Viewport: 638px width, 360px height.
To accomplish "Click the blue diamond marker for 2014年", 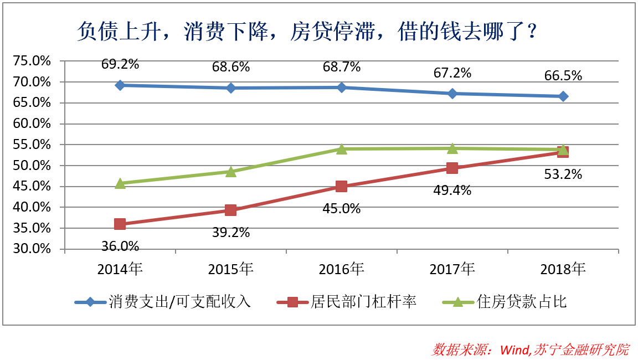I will [x=120, y=85].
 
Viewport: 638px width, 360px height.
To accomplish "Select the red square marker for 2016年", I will [x=342, y=187].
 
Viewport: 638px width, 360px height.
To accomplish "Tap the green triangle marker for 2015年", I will [x=231, y=172].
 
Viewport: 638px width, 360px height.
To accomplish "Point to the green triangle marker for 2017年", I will [x=452, y=148].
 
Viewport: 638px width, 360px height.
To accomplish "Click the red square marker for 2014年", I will [x=120, y=224].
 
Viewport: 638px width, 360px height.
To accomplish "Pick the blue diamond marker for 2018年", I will [x=563, y=96].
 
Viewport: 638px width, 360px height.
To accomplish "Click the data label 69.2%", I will [x=120, y=64].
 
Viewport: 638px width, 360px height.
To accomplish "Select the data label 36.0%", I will [x=120, y=246].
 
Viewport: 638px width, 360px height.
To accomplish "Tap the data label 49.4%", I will [x=452, y=191].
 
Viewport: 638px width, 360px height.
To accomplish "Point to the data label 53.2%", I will [x=563, y=174].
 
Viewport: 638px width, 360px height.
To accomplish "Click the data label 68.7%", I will [x=342, y=67].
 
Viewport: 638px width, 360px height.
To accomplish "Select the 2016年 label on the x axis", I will [x=342, y=270].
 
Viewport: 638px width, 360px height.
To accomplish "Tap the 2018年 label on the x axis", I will [x=563, y=270].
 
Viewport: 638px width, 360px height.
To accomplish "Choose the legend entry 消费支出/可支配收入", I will [x=180, y=302].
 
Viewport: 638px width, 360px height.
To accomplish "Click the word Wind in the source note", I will [x=514, y=350].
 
